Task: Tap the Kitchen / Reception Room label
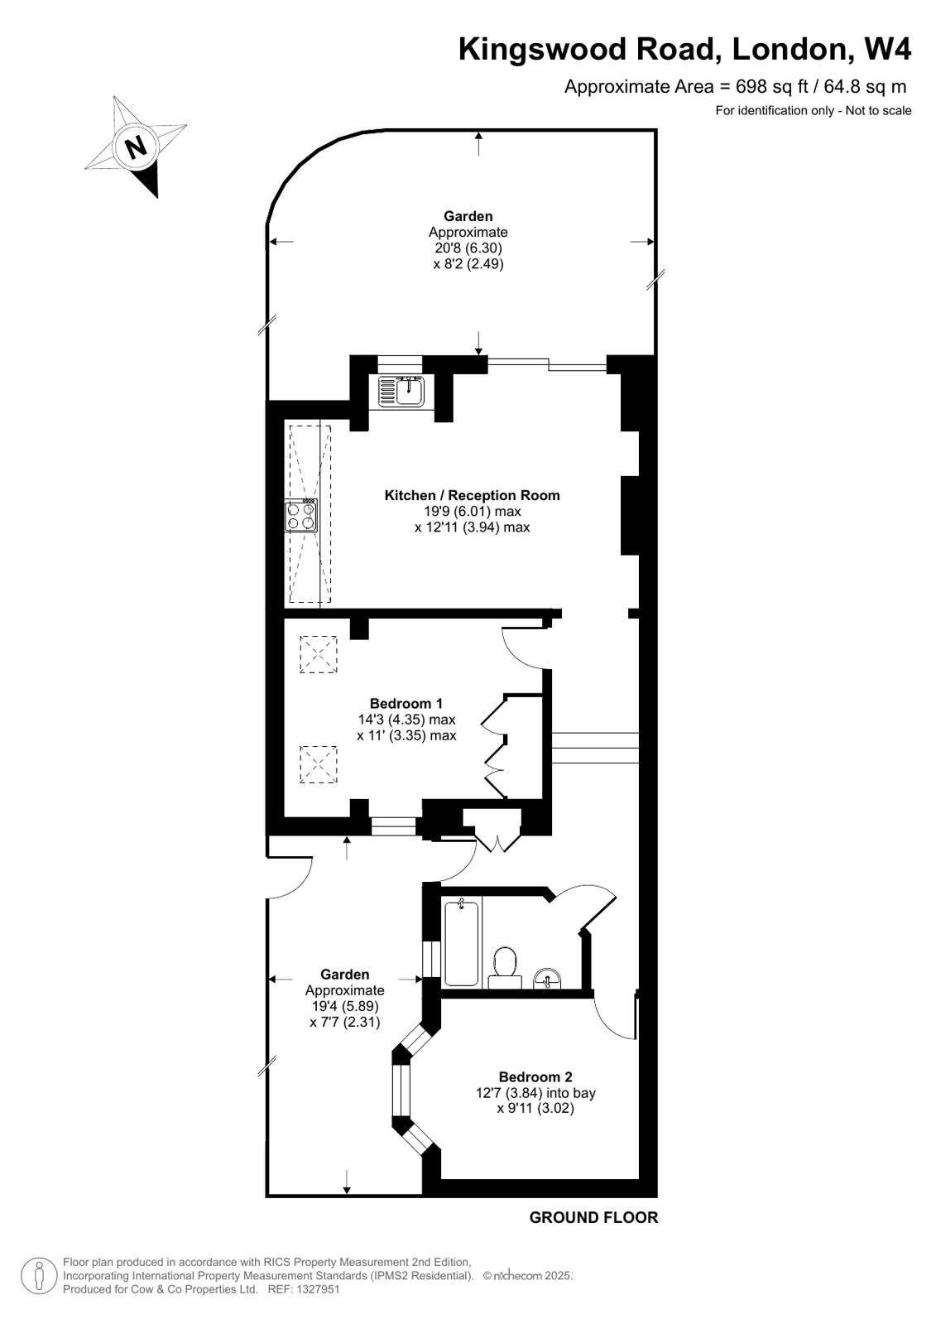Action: tap(472, 495)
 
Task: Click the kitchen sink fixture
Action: tap(401, 391)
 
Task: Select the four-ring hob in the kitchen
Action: tap(301, 516)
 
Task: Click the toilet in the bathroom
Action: tap(504, 965)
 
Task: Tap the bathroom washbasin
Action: tap(547, 979)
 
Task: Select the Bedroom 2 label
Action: tap(535, 1076)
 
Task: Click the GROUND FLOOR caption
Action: tap(593, 1217)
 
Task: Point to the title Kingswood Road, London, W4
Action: tap(684, 50)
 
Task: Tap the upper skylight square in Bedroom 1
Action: tap(319, 654)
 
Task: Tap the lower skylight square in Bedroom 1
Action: tap(319, 764)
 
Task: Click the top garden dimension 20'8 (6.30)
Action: tap(468, 248)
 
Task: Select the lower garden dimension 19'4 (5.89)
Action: tap(345, 1006)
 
